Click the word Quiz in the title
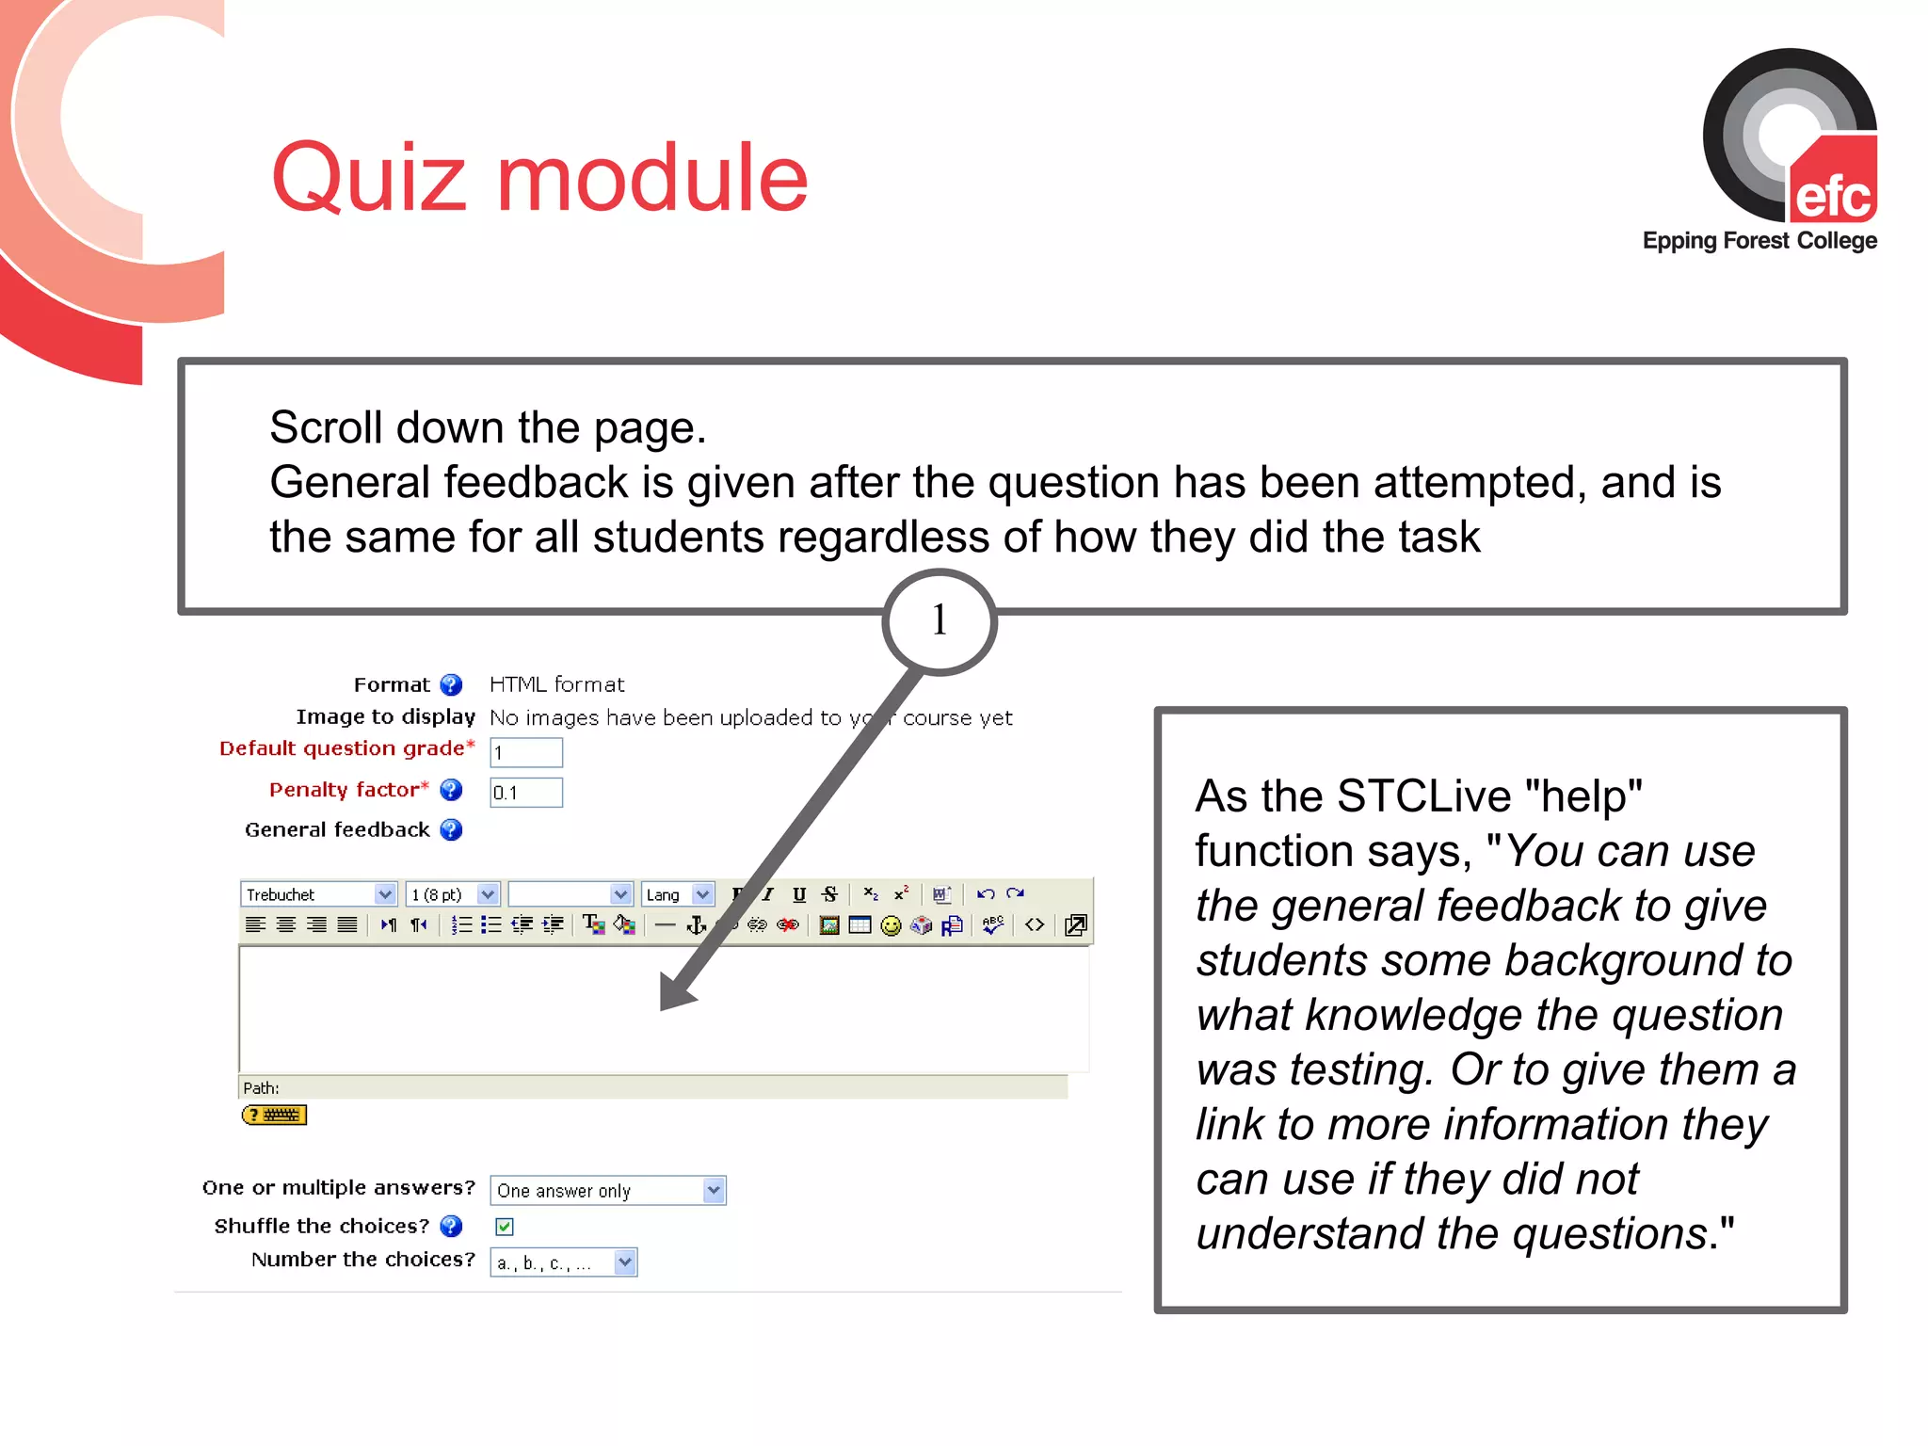click(x=368, y=179)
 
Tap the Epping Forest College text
click(x=1759, y=241)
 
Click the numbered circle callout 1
click(x=939, y=620)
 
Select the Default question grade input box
click(x=526, y=752)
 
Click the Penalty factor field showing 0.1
click(x=526, y=793)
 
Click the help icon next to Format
click(x=452, y=684)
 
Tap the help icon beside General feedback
click(x=452, y=829)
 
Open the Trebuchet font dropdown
click(x=318, y=894)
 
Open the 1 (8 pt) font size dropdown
click(x=452, y=894)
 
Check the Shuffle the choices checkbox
click(x=505, y=1226)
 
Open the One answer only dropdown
click(x=608, y=1191)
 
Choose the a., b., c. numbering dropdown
click(x=563, y=1262)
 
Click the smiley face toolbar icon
click(x=891, y=926)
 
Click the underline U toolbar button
click(x=799, y=894)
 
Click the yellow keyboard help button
click(x=274, y=1116)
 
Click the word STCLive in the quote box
click(x=1426, y=796)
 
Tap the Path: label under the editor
click(x=261, y=1088)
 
